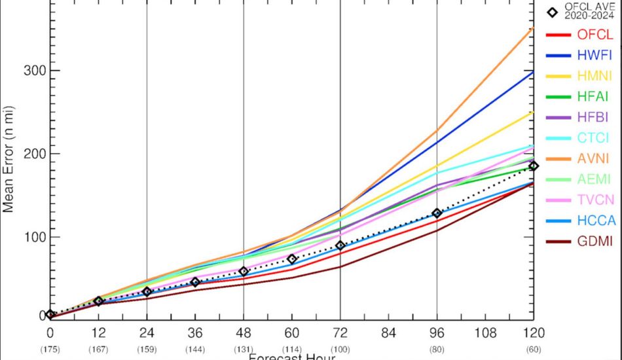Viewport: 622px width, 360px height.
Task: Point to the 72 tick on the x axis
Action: click(340, 333)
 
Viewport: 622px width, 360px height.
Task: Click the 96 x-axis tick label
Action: click(437, 333)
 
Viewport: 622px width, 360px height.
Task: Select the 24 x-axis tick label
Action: click(147, 333)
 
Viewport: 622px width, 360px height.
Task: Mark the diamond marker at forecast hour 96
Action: click(437, 213)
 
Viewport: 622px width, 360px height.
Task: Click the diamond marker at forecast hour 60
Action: click(292, 259)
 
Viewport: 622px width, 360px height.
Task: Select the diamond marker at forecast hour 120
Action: click(534, 166)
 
